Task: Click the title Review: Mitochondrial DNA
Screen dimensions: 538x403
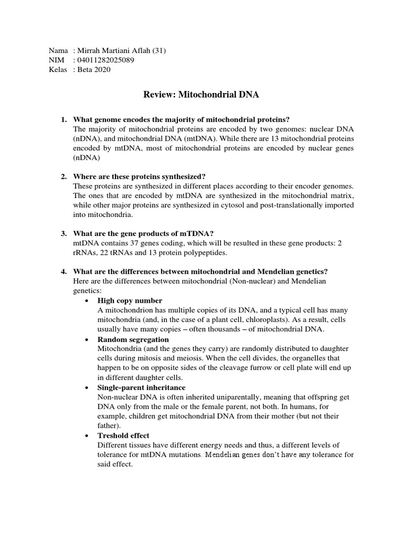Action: click(201, 95)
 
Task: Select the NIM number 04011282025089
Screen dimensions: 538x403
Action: click(105, 61)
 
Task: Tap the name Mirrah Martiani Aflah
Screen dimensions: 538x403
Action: click(112, 51)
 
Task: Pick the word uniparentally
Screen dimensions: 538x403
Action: click(220, 397)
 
